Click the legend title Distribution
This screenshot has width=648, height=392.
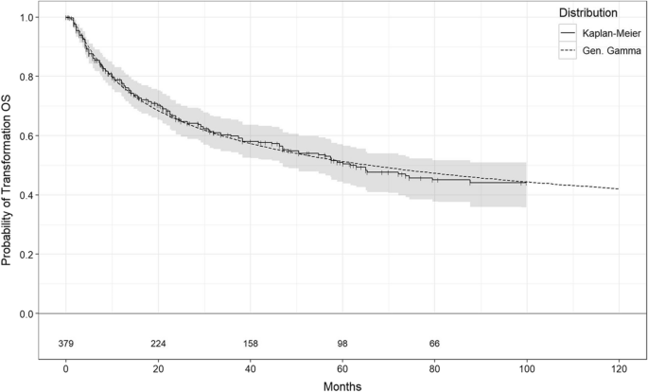click(x=589, y=13)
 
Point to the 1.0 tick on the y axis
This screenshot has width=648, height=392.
click(x=33, y=18)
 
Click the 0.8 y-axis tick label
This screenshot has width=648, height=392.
click(x=33, y=77)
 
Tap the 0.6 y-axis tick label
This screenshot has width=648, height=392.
click(x=33, y=136)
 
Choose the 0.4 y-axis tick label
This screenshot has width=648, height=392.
click(x=33, y=195)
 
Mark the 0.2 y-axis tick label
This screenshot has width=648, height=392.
click(x=33, y=255)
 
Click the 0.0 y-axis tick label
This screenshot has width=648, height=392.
click(x=33, y=313)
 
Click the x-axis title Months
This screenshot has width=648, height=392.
click(x=342, y=384)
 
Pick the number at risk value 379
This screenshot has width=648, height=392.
click(x=66, y=343)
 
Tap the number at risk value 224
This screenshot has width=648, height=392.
click(x=158, y=343)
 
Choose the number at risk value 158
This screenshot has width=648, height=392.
click(x=251, y=343)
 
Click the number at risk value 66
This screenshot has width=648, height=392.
click(x=434, y=343)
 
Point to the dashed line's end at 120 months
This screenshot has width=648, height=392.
click(x=619, y=189)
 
